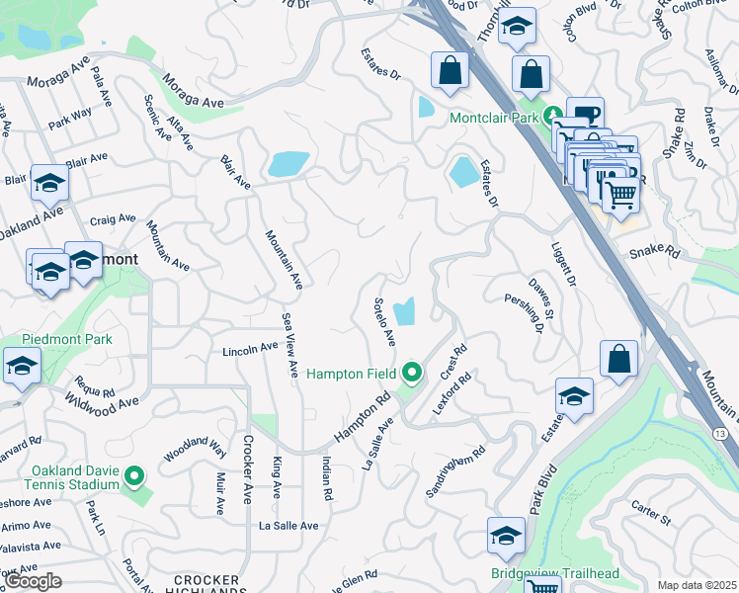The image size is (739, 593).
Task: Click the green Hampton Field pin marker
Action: tap(412, 373)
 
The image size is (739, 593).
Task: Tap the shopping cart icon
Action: tap(619, 195)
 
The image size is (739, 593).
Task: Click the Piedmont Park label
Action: tap(56, 339)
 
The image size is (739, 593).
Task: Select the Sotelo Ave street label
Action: tap(384, 321)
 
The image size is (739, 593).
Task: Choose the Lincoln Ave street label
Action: tap(249, 350)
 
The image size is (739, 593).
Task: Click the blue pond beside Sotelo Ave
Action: tap(404, 312)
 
